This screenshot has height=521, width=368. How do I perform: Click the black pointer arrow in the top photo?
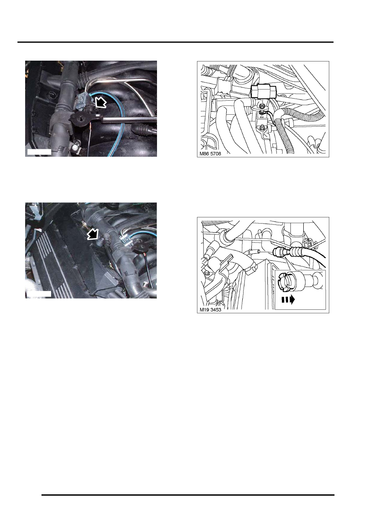pos(101,102)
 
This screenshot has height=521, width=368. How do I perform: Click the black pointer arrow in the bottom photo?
pos(93,234)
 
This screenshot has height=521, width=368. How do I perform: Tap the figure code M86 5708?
pos(210,154)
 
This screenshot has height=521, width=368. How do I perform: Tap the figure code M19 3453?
pos(210,310)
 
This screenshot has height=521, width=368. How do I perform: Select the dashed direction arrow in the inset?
pos(288,300)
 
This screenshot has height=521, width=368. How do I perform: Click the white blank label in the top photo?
pos(39,152)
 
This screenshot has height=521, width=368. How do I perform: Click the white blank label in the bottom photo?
pos(39,294)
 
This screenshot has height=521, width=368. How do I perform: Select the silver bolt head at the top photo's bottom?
pos(75,147)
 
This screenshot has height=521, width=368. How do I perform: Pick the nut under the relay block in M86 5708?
pos(262,106)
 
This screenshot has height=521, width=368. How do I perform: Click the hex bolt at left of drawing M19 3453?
pos(207,272)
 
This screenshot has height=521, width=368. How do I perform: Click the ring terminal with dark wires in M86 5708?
pos(262,112)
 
